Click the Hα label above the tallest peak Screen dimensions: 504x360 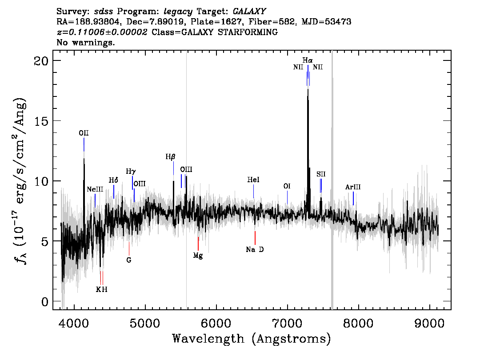307,60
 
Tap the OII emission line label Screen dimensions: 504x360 84,133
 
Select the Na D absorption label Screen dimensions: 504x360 255,249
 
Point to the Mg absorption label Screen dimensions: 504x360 198,256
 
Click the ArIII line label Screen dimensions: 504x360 353,187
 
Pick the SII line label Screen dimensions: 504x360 321,174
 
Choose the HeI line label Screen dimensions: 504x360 253,180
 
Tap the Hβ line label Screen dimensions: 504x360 170,157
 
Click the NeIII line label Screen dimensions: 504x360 95,189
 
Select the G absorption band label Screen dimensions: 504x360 129,260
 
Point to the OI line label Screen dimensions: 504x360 287,186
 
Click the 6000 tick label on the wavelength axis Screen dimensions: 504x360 216,323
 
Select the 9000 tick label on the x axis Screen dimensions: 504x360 429,323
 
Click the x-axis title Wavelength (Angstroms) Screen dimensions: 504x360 252,339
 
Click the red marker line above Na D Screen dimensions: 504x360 255,238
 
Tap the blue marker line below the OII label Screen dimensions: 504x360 84,144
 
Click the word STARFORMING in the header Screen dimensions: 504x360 248,32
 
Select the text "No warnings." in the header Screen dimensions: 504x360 85,42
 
